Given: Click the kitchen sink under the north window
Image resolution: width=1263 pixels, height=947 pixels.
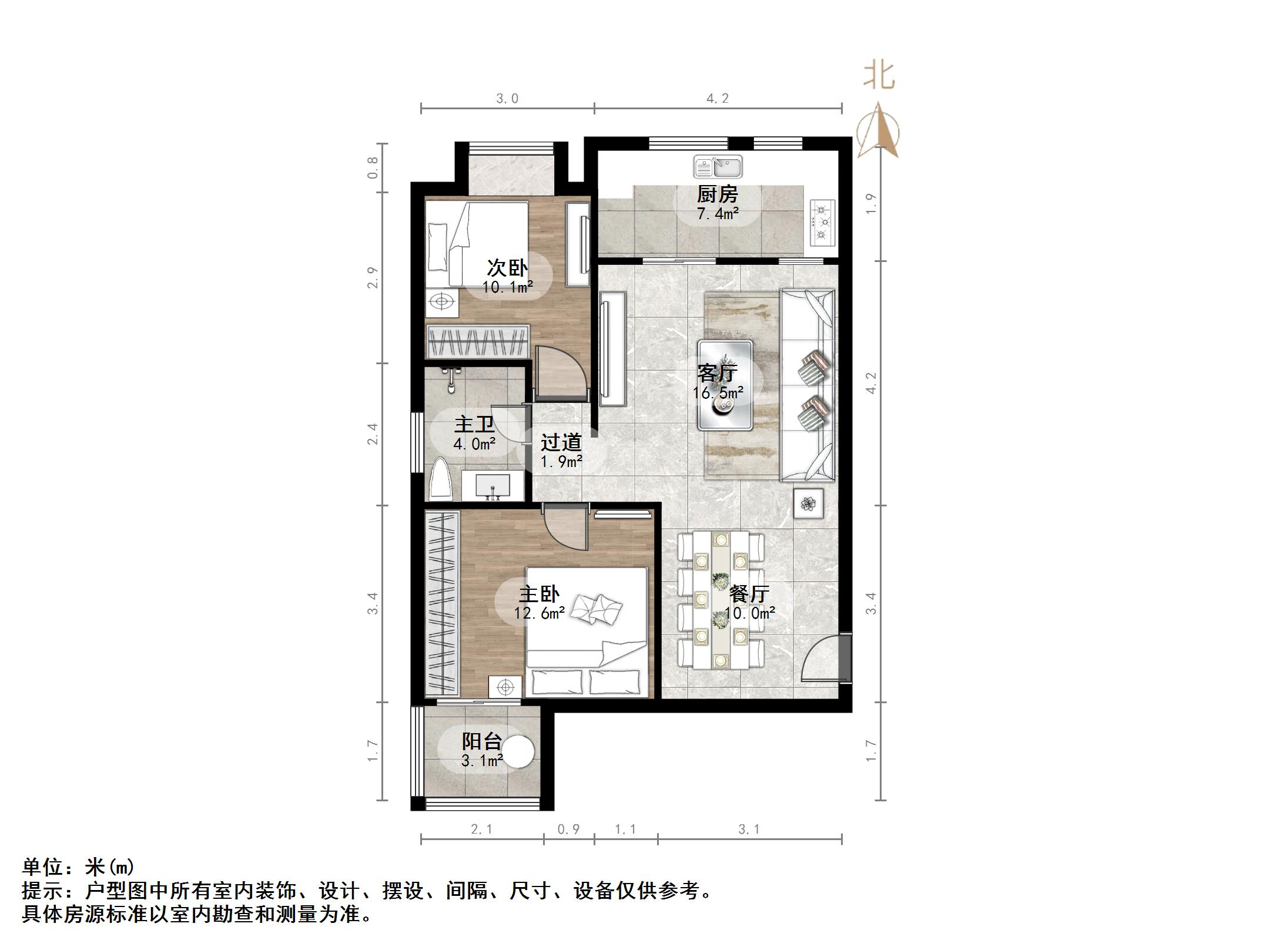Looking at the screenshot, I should [718, 167].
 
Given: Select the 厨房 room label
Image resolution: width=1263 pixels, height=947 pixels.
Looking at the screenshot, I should [717, 194].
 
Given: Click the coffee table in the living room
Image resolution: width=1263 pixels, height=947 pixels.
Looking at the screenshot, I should [725, 385].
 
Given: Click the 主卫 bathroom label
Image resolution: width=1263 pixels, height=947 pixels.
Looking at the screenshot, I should [474, 424].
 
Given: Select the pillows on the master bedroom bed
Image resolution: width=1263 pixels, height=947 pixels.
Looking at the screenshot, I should [597, 608].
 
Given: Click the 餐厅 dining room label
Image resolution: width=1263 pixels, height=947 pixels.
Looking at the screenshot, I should [749, 593].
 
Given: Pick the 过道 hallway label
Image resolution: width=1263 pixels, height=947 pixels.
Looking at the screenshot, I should [561, 442].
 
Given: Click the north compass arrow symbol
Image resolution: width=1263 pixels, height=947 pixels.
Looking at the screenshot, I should [878, 130].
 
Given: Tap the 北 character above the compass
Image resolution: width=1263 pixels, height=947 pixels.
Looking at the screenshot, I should [879, 77].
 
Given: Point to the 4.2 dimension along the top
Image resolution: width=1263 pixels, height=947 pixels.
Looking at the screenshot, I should [717, 99].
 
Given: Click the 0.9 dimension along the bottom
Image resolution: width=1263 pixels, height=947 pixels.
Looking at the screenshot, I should [568, 829].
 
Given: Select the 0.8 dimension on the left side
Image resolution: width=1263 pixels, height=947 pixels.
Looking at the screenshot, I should [373, 167].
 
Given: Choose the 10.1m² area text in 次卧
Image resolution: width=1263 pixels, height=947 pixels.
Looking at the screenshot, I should [508, 287].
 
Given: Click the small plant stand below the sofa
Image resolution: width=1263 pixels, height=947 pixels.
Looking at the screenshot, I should [808, 503].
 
